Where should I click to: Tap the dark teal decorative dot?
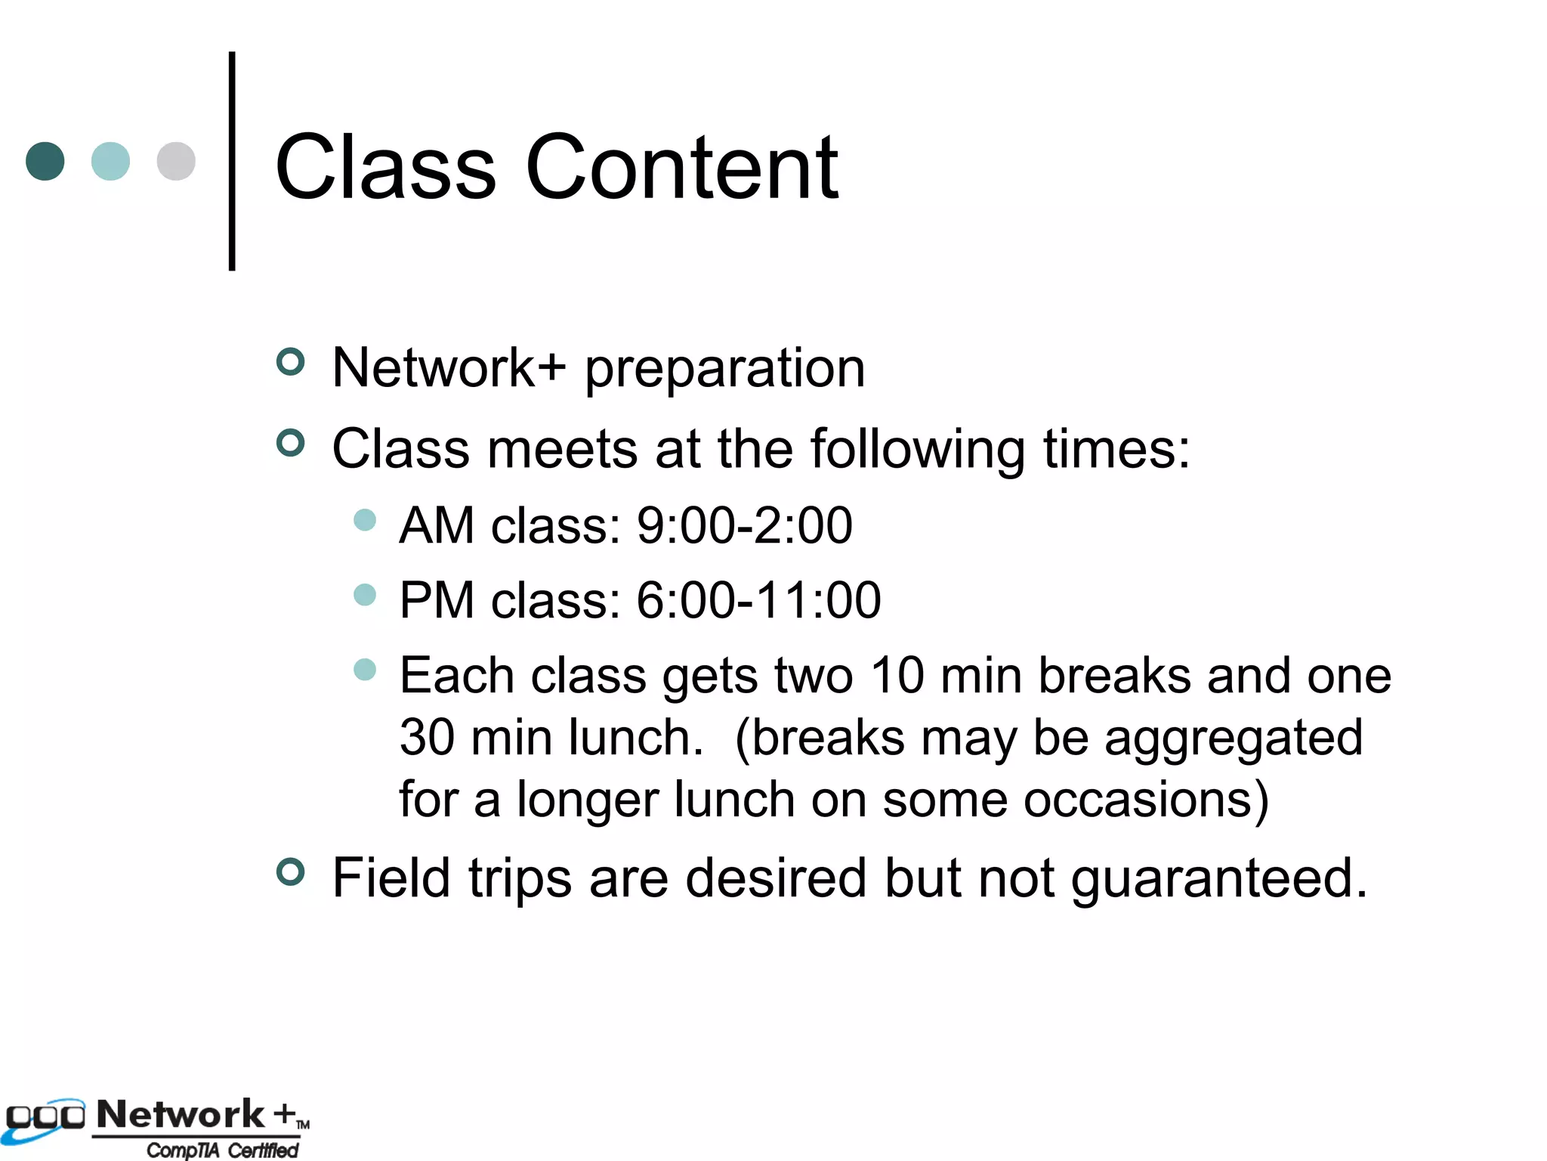click(x=45, y=161)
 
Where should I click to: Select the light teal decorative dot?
click(x=110, y=161)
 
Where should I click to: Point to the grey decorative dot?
click(x=176, y=161)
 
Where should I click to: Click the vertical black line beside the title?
click(x=232, y=160)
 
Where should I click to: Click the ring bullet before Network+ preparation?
click(x=291, y=362)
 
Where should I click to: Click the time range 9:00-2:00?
click(x=744, y=525)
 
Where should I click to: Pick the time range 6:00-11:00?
click(x=758, y=600)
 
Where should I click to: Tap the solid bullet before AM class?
click(x=365, y=520)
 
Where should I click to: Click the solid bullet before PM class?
click(x=365, y=595)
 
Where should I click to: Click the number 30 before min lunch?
click(x=427, y=738)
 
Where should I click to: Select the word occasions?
click(x=1146, y=800)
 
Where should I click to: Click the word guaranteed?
click(x=1219, y=879)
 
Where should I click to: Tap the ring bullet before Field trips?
click(x=291, y=872)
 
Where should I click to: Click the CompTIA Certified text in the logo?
click(x=222, y=1150)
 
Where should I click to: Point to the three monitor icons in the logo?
click(x=45, y=1117)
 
